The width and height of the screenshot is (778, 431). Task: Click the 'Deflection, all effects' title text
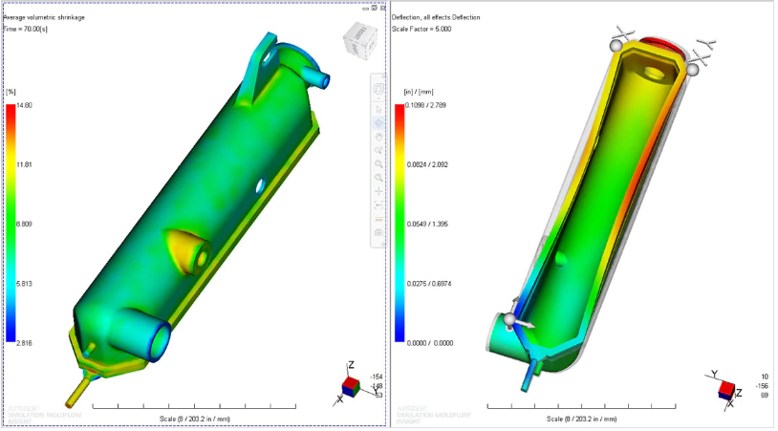(436, 17)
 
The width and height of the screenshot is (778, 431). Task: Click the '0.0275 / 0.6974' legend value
(430, 283)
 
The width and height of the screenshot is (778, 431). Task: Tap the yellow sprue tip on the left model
(73, 394)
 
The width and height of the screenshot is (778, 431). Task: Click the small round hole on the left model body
(256, 183)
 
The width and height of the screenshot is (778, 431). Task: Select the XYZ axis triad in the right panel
(726, 386)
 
